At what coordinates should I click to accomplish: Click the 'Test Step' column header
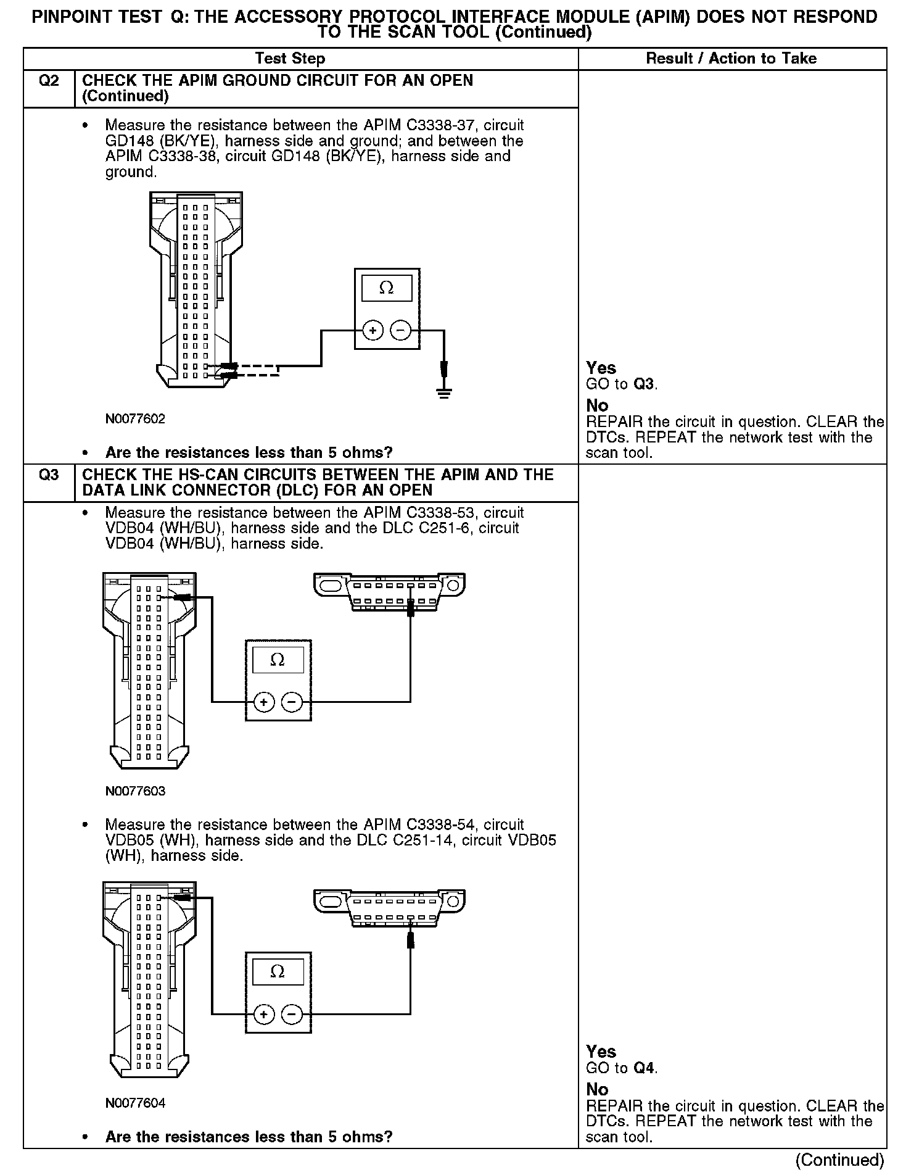click(290, 59)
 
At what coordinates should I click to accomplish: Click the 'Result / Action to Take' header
click(731, 59)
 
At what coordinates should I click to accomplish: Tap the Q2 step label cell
click(49, 81)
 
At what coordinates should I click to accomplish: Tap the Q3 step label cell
click(49, 475)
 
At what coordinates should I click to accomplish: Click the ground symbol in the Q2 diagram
click(444, 391)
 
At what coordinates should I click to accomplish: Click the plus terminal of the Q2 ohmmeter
click(373, 331)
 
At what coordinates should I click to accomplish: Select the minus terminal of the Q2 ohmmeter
click(401, 331)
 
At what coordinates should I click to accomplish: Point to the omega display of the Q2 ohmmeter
click(387, 288)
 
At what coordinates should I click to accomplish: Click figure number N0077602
click(135, 419)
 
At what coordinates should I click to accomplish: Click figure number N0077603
click(135, 791)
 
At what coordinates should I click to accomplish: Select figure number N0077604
click(135, 1103)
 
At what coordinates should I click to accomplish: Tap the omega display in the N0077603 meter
click(278, 660)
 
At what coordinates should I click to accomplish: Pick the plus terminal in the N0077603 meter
click(264, 702)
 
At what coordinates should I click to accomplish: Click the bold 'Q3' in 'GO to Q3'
click(644, 384)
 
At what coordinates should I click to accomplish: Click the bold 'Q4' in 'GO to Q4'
click(645, 1068)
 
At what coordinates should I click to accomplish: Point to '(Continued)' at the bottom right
click(840, 1161)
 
